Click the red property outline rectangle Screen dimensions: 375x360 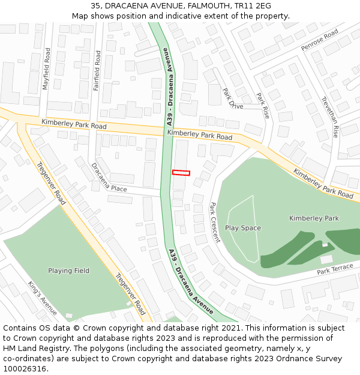(181, 173)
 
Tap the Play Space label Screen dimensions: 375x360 (243, 228)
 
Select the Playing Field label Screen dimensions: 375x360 (69, 271)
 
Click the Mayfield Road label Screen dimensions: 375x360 (46, 69)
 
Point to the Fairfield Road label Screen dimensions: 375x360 (97, 70)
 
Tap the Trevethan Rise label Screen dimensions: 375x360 (331, 117)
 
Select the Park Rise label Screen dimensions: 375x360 (263, 106)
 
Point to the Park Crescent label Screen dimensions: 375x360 (215, 222)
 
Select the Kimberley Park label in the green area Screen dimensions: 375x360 (314, 218)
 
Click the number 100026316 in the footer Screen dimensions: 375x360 (25, 369)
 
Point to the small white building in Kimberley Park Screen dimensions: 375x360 (326, 259)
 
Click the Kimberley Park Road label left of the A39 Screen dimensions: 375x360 (74, 125)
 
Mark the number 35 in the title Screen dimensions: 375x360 (95, 6)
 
